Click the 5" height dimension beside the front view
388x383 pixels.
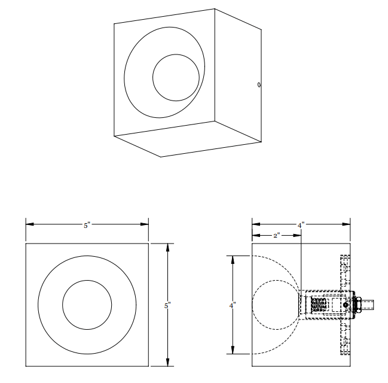168,305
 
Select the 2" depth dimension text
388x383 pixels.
276,236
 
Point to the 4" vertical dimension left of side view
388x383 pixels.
233,305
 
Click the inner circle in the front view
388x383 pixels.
87,305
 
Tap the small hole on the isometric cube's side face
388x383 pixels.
259,85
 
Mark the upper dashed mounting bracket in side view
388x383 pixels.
344,269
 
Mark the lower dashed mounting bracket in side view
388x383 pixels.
344,341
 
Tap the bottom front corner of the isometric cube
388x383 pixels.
161,157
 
